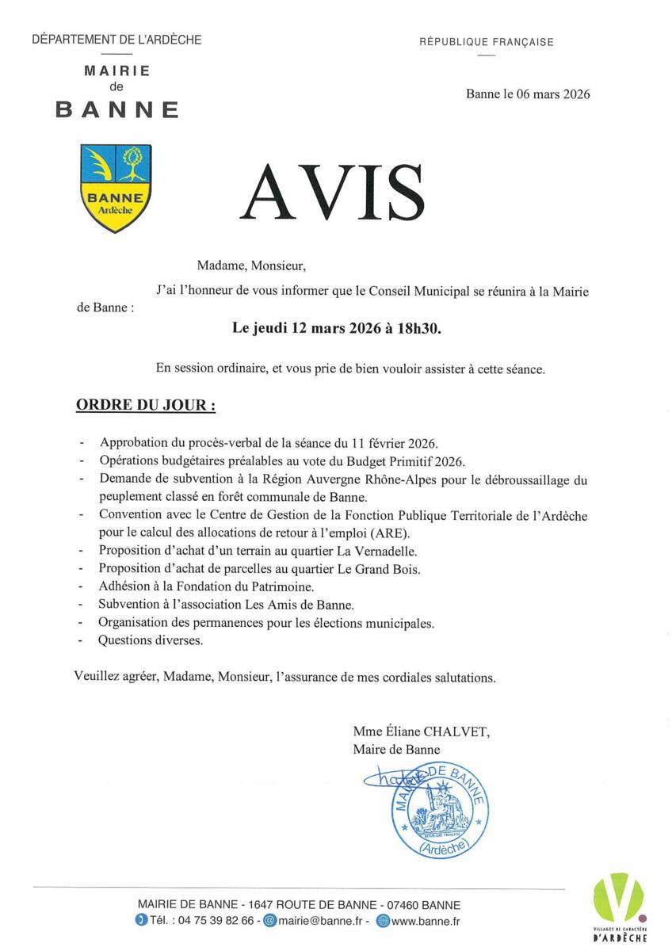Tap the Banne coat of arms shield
coord(116,188)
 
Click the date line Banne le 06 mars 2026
coord(528,94)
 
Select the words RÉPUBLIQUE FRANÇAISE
coord(487,42)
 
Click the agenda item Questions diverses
coord(151,640)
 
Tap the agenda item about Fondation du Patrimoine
coord(206,586)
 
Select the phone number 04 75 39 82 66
coord(216,921)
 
